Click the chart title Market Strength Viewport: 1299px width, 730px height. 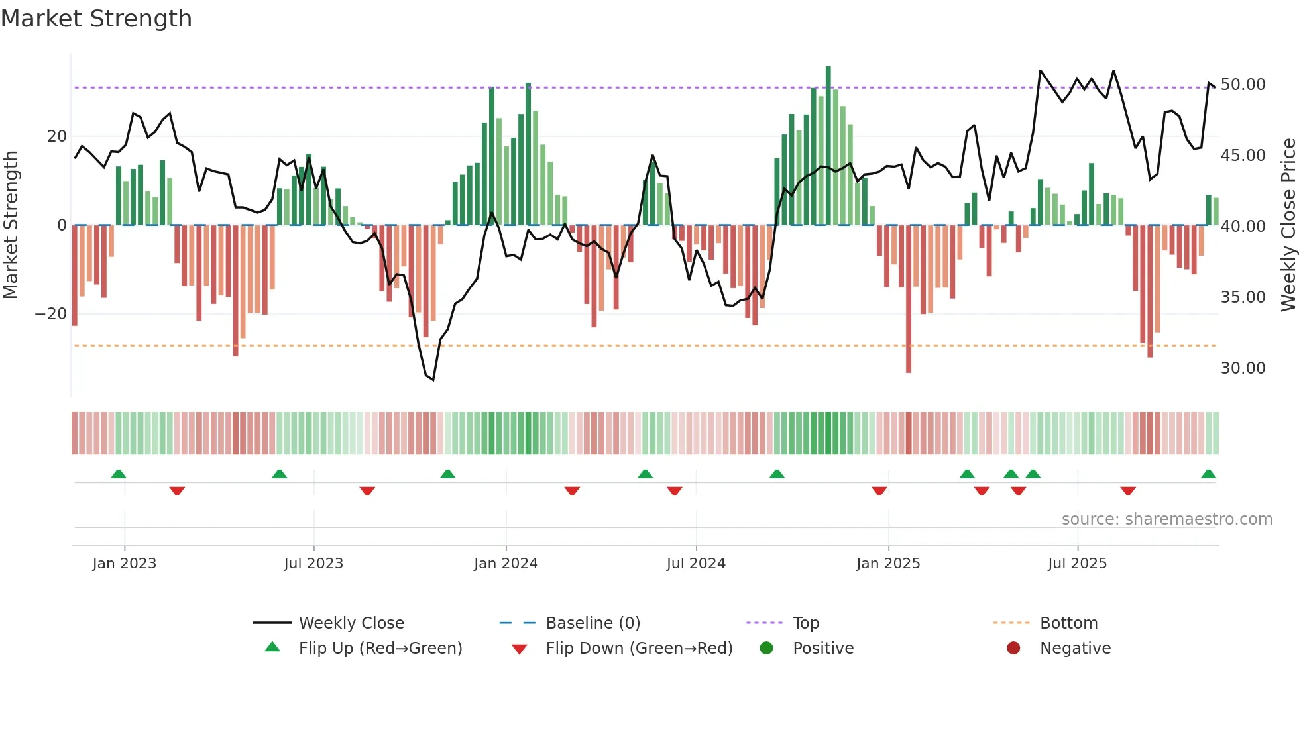96,19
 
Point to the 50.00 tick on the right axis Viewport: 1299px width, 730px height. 1243,85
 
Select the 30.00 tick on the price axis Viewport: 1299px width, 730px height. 1243,368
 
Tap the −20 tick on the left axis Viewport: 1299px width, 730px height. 51,314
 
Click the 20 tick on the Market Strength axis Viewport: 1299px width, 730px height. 57,136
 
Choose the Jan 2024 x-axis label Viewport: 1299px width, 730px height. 506,564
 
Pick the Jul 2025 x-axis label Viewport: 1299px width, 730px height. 1077,564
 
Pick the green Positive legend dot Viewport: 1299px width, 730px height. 766,649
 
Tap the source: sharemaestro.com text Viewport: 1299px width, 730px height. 1166,519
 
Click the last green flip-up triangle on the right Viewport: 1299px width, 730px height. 1208,474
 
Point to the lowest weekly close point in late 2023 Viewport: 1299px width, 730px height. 433,380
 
